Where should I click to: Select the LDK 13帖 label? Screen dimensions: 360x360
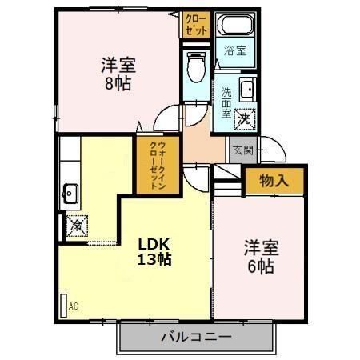pos(154,250)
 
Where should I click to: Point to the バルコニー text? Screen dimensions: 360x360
pos(196,337)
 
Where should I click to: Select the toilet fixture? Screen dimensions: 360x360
pos(194,69)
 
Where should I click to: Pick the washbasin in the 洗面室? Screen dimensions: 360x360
pos(246,89)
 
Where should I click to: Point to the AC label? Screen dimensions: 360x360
pos(74,306)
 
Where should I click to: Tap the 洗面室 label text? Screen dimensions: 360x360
pos(226,102)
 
